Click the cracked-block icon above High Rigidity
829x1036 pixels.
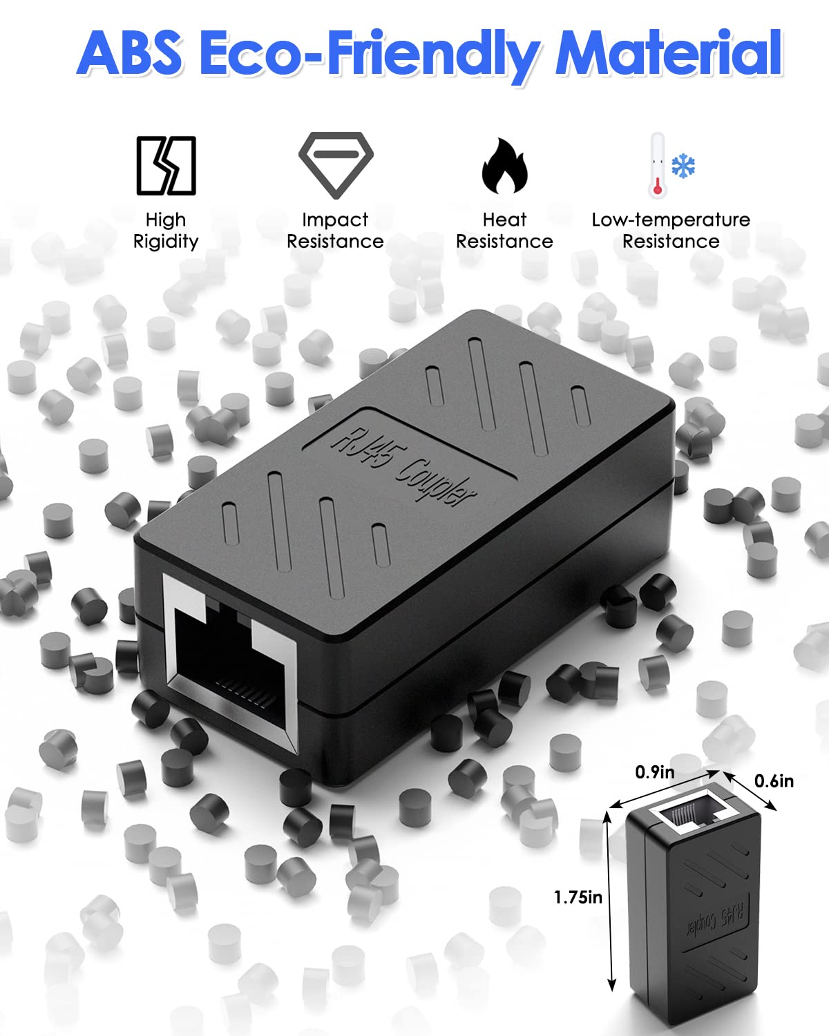pyautogui.click(x=166, y=166)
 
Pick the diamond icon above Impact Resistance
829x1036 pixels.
pyautogui.click(x=336, y=165)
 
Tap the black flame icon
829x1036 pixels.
pyautogui.click(x=505, y=166)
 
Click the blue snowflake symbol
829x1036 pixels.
pyautogui.click(x=683, y=166)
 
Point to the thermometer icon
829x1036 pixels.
pyautogui.click(x=658, y=166)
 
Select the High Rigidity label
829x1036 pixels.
pyautogui.click(x=166, y=231)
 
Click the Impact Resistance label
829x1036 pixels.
pyautogui.click(x=335, y=231)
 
